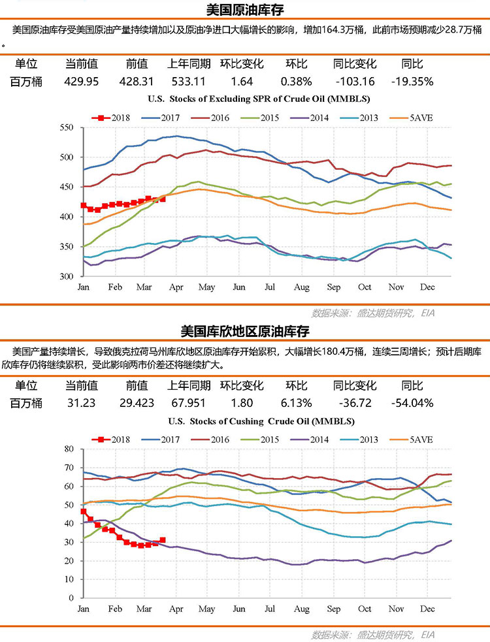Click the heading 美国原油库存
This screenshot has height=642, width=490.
click(244, 10)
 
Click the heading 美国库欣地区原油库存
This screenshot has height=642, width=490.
click(244, 331)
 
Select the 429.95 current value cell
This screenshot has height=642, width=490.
click(82, 82)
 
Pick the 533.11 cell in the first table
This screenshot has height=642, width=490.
click(189, 82)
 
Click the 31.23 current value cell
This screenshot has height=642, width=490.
click(82, 403)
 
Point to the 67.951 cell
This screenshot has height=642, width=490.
click(189, 403)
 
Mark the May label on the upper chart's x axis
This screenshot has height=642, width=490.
click(206, 287)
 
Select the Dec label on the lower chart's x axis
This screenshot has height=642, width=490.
click(427, 609)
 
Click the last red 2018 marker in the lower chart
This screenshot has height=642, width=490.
click(163, 540)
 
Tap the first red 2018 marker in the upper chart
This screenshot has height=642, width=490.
click(84, 205)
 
